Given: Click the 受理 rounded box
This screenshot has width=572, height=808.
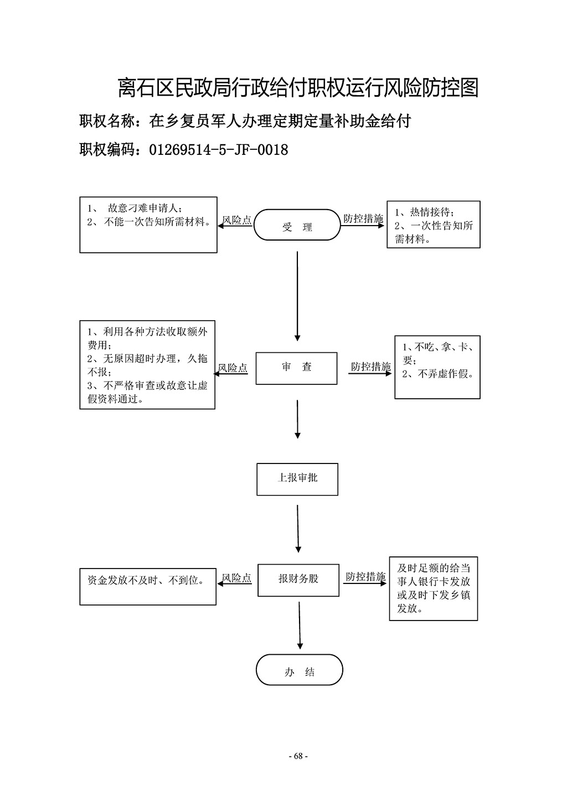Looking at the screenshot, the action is coord(297,225).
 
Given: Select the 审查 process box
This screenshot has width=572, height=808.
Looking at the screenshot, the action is coord(296,368).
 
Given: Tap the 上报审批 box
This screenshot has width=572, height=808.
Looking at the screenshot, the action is coord(297,479).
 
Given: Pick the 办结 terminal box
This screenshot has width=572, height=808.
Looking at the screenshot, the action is coord(300,670).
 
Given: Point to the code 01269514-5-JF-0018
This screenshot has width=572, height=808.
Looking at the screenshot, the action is coord(219,150).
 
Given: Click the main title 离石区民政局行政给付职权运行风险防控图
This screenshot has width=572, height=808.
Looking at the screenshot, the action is coord(298,87).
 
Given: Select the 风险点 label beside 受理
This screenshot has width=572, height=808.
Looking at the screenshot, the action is coord(236,220).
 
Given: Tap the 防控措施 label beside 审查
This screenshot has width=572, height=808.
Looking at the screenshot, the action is coord(371,367).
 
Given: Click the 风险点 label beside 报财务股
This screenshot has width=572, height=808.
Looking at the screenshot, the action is coord(236,578).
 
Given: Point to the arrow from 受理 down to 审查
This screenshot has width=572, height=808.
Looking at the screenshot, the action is coord(297,296).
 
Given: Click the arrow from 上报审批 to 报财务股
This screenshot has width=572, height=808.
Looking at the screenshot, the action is coord(298,529).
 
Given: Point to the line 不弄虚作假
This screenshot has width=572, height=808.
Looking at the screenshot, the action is coord(438,374).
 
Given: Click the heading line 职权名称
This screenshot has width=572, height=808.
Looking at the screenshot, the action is coord(245,121).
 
